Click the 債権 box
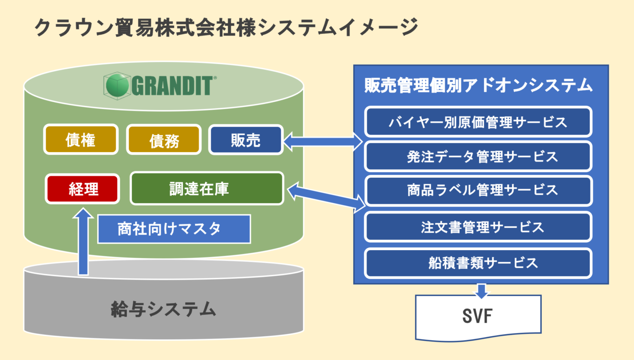(81, 140)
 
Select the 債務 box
(164, 140)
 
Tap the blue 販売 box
(245, 140)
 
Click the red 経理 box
(83, 188)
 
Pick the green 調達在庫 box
(206, 188)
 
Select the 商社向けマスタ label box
(173, 229)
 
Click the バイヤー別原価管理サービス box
(478, 121)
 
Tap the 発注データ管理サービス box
(478, 156)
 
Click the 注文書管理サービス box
(478, 227)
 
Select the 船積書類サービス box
(478, 262)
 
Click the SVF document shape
(478, 317)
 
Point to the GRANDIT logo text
(173, 85)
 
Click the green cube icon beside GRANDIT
(117, 85)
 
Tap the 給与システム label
(163, 309)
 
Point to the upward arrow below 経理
(84, 242)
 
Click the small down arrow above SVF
(480, 291)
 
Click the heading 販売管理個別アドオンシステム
(478, 85)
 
